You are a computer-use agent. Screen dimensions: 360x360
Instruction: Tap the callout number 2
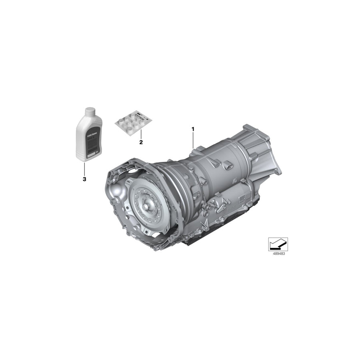(140, 142)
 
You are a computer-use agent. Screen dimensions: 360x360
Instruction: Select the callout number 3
(84, 179)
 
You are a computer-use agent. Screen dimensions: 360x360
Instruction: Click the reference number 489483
(278, 254)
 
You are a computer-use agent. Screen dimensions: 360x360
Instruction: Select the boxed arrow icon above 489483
(278, 244)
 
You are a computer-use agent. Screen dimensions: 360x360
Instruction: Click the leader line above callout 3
(84, 168)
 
